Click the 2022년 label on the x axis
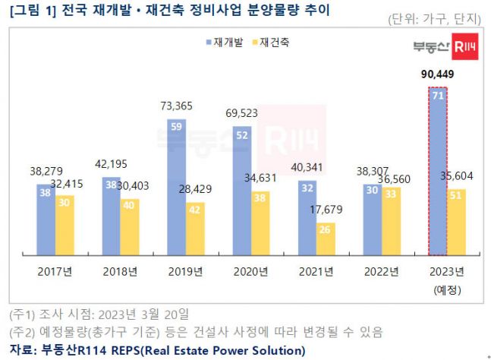coord(380,272)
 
